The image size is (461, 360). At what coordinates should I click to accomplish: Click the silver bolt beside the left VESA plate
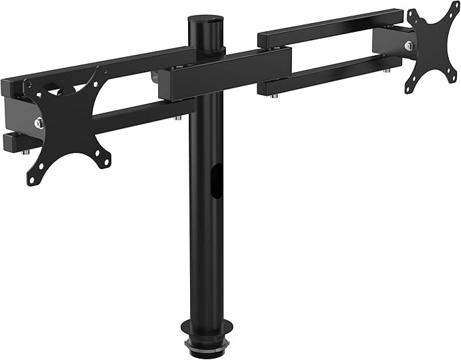(39, 123)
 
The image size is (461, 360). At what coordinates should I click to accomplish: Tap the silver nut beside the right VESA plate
(409, 46)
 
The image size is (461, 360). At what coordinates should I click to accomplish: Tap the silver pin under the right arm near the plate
(386, 70)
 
